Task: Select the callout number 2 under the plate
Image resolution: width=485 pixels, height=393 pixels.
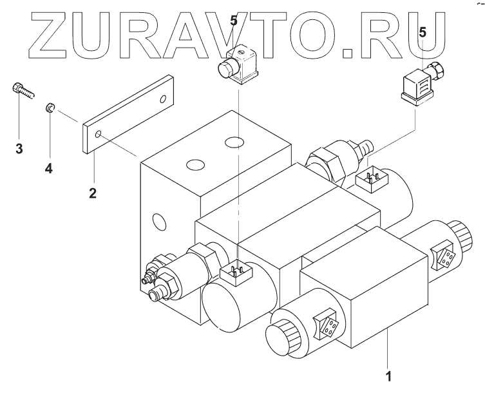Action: (x=93, y=193)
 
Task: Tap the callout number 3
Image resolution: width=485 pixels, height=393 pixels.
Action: (x=19, y=149)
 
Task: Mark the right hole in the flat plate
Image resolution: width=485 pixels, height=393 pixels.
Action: (x=163, y=99)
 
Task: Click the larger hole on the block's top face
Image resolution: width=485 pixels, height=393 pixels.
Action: (x=234, y=140)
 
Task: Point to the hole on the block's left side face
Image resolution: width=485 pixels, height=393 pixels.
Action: (x=157, y=223)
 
